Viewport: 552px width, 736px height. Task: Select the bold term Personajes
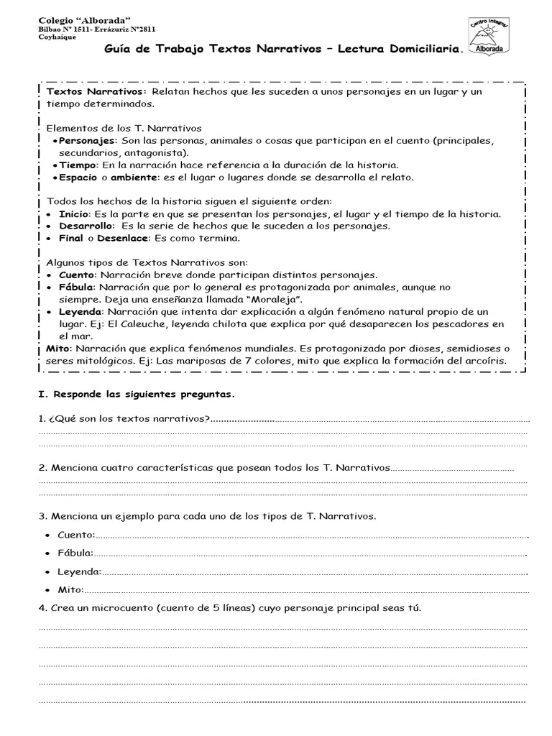click(x=86, y=140)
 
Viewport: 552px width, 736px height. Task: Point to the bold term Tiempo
click(x=78, y=165)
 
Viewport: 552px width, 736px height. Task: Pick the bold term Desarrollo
click(x=83, y=226)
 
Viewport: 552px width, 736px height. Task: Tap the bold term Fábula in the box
click(x=75, y=287)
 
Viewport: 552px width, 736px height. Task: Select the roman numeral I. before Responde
click(x=41, y=395)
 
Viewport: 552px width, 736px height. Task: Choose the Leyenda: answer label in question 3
click(x=80, y=572)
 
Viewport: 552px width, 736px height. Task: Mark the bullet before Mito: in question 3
click(x=47, y=591)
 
